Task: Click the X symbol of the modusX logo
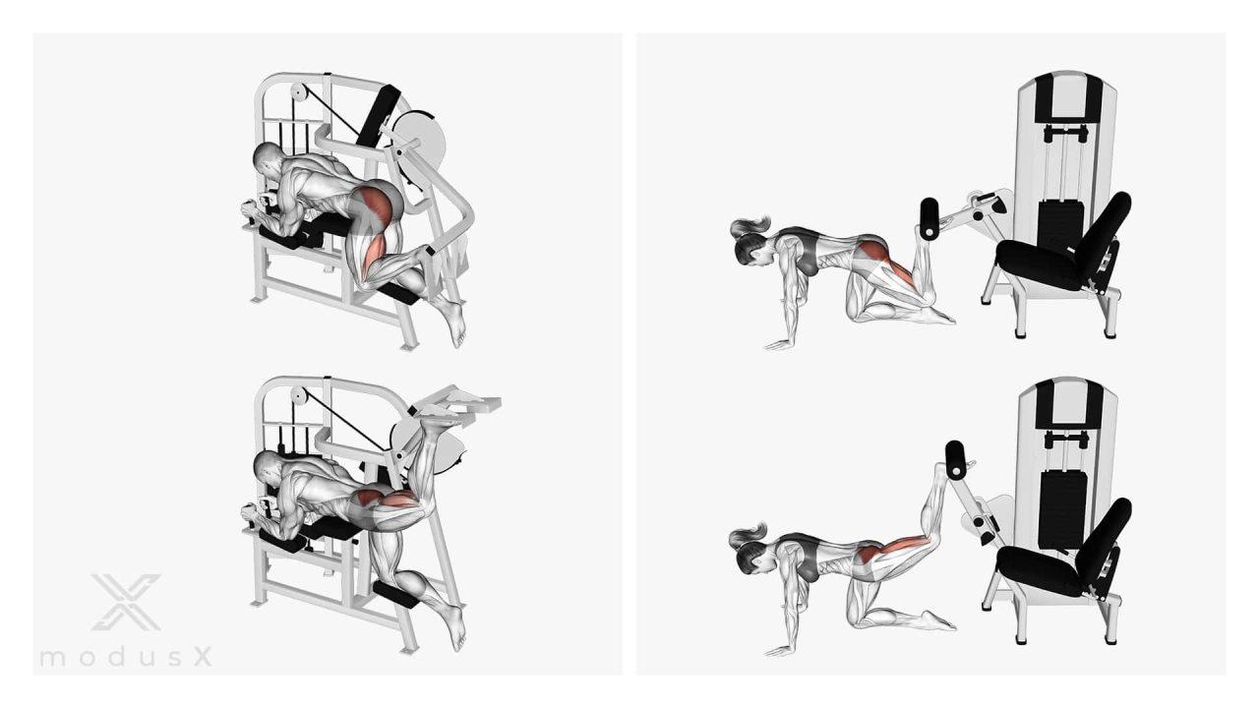[127, 602]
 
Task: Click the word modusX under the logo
[126, 656]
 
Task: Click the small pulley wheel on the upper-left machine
[298, 92]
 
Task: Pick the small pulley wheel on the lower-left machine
[299, 396]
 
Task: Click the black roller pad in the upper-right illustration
[929, 218]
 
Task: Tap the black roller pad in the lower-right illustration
[955, 460]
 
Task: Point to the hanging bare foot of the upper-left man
[454, 322]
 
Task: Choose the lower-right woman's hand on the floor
[780, 650]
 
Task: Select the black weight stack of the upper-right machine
[1060, 225]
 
